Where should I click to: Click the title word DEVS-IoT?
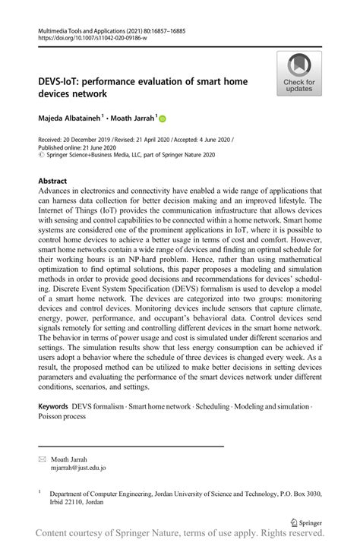65,80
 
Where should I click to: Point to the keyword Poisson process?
64,417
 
